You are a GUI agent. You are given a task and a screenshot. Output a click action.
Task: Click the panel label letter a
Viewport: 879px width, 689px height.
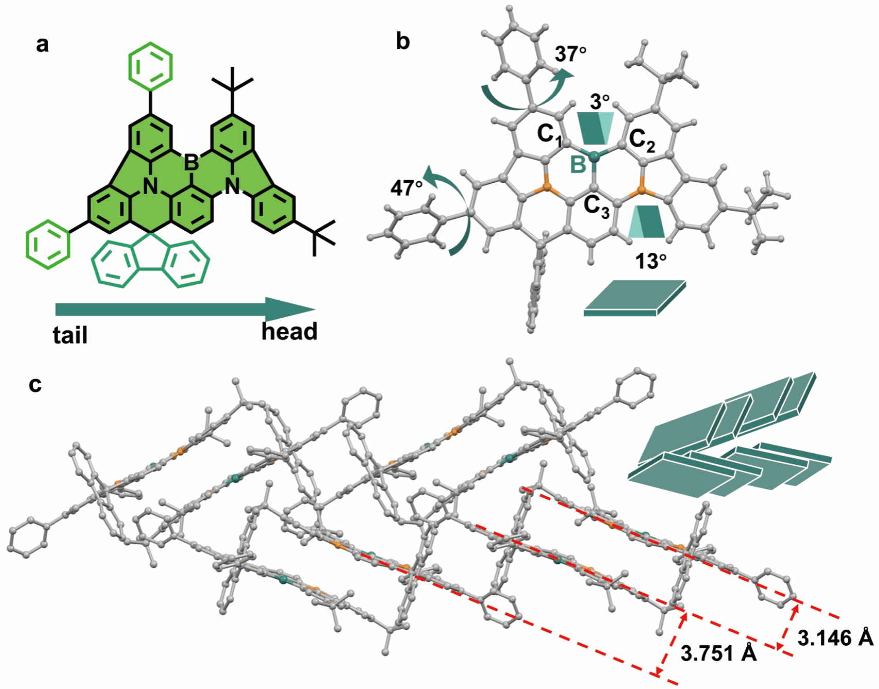[43, 45]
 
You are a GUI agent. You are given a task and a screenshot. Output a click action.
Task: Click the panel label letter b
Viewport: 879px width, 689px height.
[403, 41]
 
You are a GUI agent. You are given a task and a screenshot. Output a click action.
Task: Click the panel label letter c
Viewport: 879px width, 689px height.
[35, 384]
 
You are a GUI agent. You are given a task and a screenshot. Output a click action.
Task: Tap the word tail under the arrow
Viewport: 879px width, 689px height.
[70, 335]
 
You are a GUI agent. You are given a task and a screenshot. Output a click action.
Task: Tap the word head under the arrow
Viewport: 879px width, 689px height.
[289, 331]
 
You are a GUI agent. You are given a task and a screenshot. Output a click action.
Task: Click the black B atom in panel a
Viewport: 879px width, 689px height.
[191, 163]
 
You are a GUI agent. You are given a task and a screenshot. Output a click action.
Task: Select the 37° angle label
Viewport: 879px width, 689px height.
[571, 54]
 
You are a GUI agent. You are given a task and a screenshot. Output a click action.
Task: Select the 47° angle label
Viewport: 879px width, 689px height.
[407, 188]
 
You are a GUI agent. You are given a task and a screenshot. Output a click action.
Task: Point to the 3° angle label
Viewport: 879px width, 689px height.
[600, 102]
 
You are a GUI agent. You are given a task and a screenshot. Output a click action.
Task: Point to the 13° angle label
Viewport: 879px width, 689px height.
[651, 262]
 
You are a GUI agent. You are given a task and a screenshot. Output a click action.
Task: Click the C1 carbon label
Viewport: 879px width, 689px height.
[549, 135]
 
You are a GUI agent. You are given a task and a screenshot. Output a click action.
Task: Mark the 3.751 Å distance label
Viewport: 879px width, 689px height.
[718, 653]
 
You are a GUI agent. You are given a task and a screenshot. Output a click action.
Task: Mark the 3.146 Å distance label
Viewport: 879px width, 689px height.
[835, 638]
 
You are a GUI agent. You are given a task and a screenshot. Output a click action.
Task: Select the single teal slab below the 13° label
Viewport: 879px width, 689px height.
[635, 299]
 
